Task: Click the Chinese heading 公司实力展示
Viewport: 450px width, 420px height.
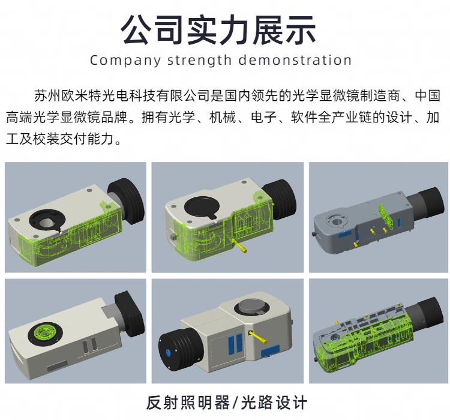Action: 218,30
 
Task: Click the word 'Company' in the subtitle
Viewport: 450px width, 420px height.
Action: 125,61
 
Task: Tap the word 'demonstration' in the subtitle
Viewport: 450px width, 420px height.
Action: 295,60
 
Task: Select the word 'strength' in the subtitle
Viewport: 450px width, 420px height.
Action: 199,61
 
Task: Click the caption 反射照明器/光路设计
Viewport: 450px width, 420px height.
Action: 226,403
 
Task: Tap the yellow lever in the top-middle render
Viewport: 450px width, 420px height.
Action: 240,245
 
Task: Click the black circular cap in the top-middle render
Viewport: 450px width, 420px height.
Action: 202,207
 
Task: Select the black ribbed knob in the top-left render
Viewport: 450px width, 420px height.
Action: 126,200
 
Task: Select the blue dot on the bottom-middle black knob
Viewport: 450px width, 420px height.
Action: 168,353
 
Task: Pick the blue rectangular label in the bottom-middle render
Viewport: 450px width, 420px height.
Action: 270,351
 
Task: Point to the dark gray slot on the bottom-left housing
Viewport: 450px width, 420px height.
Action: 58,365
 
